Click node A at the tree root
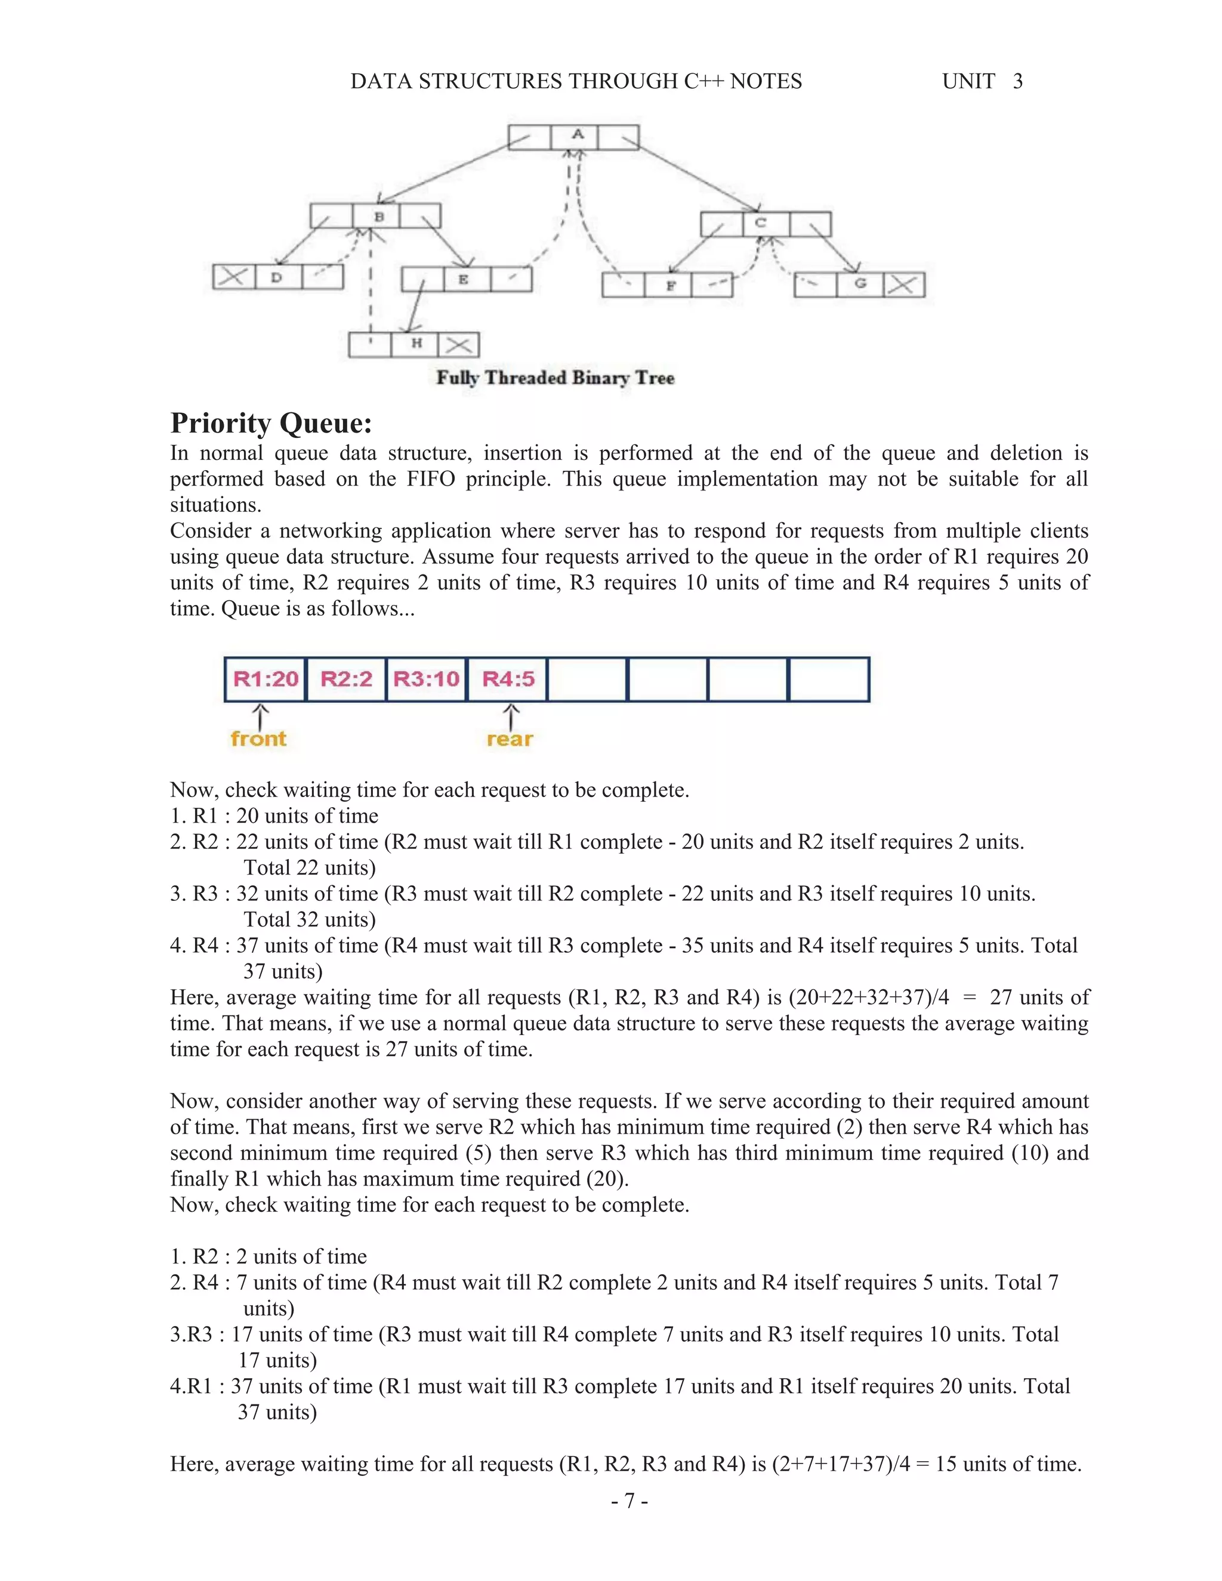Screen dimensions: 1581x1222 point(577,135)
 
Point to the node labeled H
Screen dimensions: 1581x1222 point(416,344)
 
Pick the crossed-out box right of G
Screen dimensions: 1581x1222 point(902,285)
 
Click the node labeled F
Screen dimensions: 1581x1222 point(670,285)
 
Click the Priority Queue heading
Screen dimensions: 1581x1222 point(271,423)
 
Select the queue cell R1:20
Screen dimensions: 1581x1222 point(265,679)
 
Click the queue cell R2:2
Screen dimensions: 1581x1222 point(346,679)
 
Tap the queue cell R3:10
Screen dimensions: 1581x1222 point(427,679)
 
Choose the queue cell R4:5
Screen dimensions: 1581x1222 point(508,679)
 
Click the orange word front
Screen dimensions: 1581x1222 point(258,739)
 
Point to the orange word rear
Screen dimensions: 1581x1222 point(510,739)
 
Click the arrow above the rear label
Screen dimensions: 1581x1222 point(511,716)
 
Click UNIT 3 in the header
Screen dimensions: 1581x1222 point(982,81)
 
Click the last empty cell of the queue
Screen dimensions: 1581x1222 point(828,679)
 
